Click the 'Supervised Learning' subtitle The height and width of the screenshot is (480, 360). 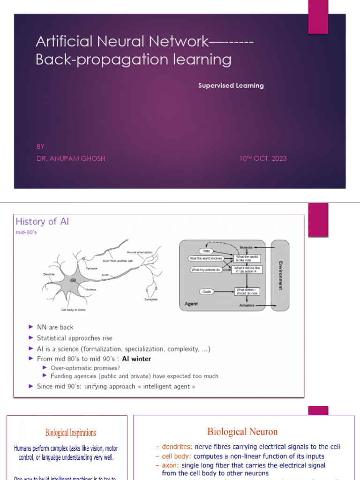[231, 86]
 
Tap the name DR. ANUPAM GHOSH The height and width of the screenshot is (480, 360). [71, 158]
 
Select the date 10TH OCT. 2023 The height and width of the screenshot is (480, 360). [262, 158]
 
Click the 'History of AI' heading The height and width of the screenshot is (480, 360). [42, 222]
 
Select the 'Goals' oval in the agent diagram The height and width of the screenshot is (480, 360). [206, 291]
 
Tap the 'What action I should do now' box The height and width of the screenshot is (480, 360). [247, 292]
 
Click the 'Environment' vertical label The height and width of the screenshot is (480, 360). [280, 276]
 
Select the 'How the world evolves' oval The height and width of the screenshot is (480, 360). [206, 258]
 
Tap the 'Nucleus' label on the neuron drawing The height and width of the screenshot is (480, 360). [90, 290]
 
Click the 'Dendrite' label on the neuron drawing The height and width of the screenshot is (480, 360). [50, 273]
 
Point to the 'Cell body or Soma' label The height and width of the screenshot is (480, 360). [73, 310]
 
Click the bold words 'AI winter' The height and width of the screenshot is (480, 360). [136, 359]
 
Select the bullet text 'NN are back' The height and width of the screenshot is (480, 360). [55, 327]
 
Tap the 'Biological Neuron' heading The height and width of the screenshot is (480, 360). [242, 432]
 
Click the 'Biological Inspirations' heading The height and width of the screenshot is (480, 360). [70, 433]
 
